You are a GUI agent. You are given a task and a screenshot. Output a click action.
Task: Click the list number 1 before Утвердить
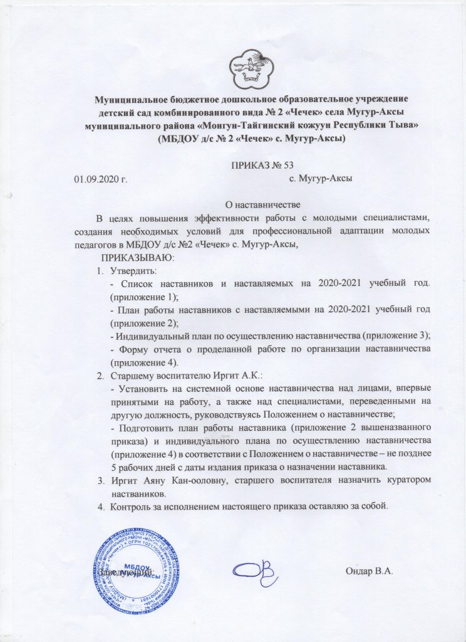pos(100,270)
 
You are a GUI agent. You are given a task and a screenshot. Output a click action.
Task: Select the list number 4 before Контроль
pos(100,507)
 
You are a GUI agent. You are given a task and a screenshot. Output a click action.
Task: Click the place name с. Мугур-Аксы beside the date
pos(321,179)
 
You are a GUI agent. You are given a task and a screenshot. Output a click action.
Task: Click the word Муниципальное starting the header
pos(130,100)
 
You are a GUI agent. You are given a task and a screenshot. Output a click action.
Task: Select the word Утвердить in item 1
pos(133,270)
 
